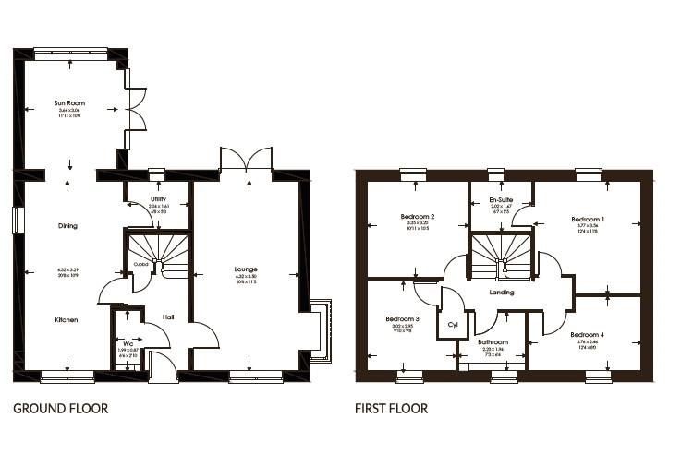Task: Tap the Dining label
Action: [x=67, y=225]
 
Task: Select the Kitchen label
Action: [x=66, y=319]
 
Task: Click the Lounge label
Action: [x=246, y=269]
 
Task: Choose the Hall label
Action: [x=168, y=317]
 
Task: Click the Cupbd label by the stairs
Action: [x=140, y=263]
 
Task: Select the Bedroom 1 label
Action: [x=587, y=218]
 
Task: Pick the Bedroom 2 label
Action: [x=419, y=216]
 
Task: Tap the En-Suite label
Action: [x=501, y=199]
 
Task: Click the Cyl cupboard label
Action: [x=452, y=325]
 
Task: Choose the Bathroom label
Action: [x=493, y=341]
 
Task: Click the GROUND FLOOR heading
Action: [x=60, y=407]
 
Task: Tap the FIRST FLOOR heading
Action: [x=391, y=407]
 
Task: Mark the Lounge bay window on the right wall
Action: [x=320, y=330]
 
